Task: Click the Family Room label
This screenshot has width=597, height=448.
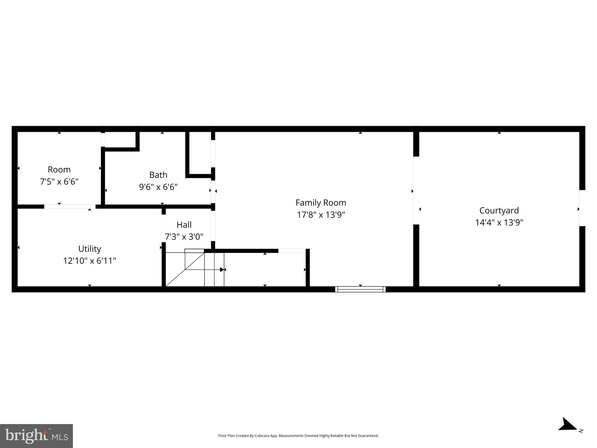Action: (x=321, y=203)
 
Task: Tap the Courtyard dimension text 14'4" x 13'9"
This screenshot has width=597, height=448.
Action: (x=499, y=223)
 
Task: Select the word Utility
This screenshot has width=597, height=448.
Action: (x=90, y=249)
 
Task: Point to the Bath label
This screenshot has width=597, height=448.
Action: (x=158, y=175)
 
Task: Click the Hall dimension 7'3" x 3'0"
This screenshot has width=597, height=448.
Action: (x=184, y=237)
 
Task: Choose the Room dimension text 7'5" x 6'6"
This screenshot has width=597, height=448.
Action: (x=59, y=182)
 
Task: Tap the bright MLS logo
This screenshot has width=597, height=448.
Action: (x=36, y=436)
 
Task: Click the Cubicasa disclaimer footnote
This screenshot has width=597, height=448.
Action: (x=298, y=436)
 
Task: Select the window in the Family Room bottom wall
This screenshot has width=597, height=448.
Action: (x=360, y=289)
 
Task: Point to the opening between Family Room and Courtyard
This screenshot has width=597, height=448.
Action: (x=416, y=190)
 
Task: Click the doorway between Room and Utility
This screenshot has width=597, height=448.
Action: (x=70, y=206)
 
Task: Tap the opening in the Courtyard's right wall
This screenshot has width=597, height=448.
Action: (x=582, y=208)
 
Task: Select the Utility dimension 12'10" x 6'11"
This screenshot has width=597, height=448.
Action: (x=90, y=261)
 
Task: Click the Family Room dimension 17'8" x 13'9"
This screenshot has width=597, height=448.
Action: (x=321, y=215)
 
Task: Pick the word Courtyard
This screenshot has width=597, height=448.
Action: (x=499, y=210)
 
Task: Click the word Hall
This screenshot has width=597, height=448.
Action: (x=184, y=225)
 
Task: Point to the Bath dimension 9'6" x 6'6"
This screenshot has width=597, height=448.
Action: (x=158, y=187)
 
